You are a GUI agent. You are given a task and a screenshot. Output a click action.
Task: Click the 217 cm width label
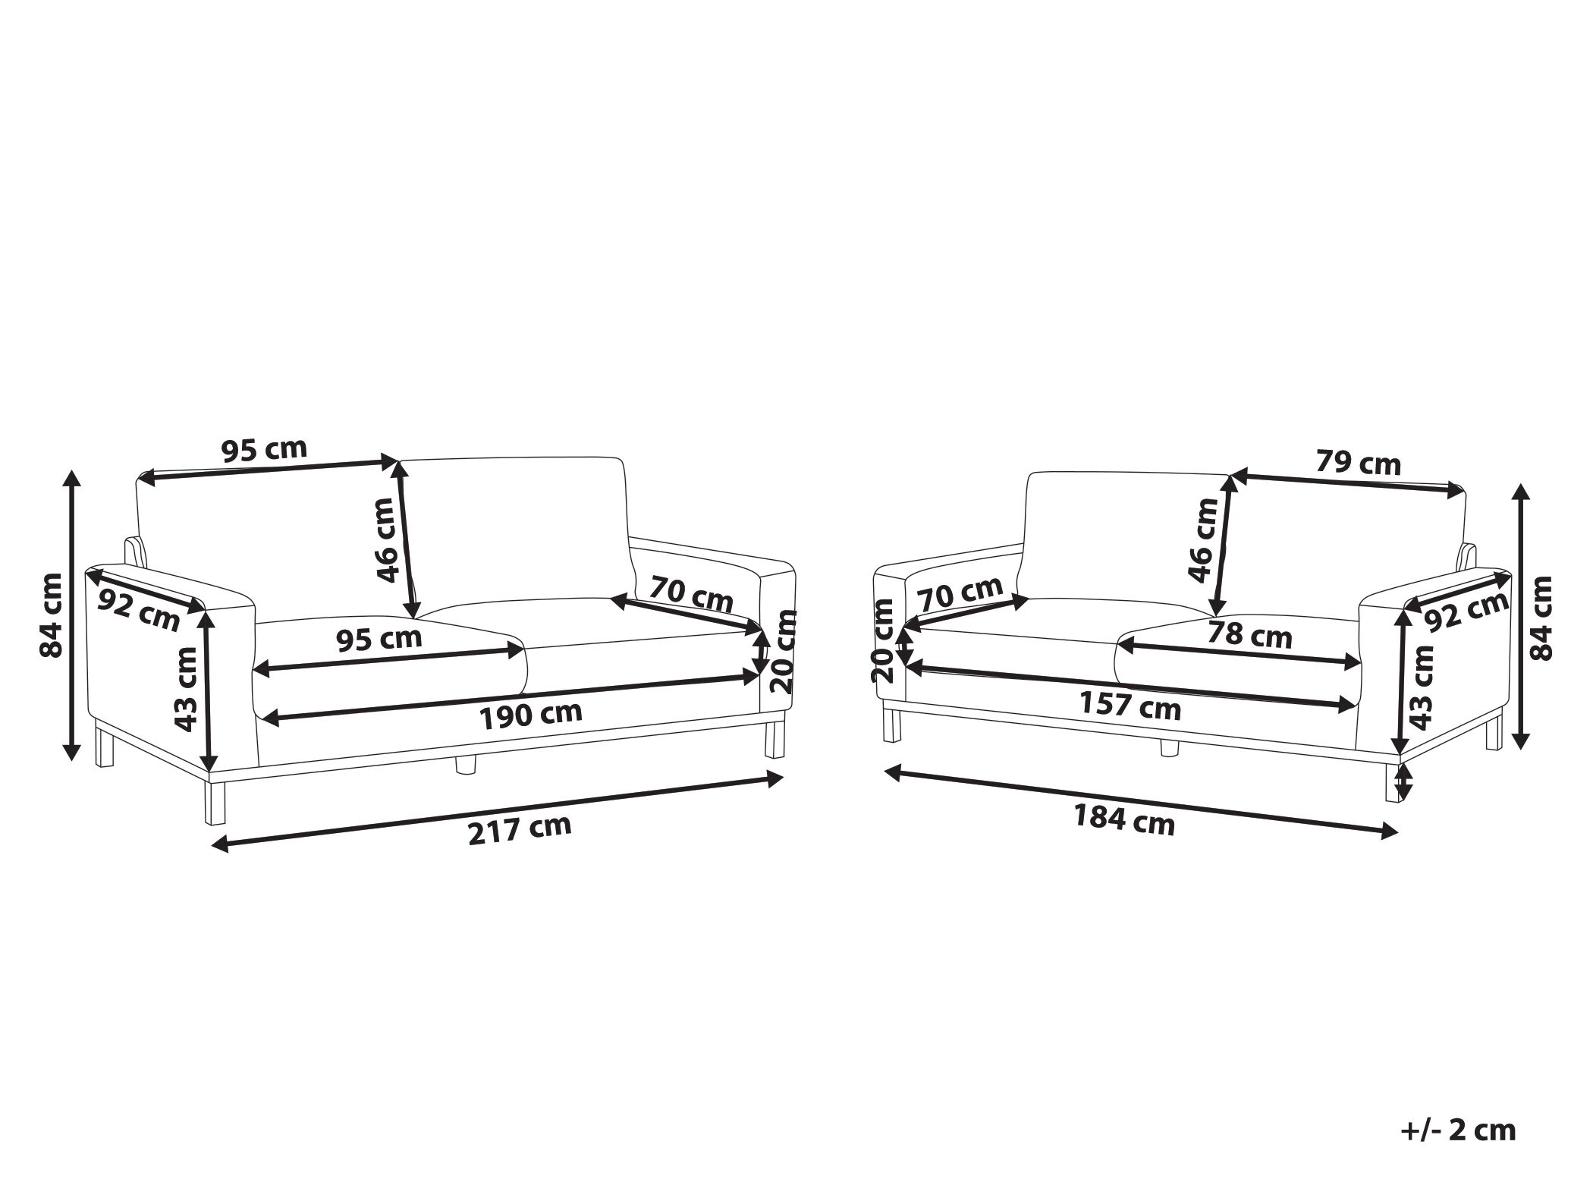click(x=520, y=829)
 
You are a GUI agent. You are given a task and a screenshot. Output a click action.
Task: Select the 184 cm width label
click(x=1123, y=822)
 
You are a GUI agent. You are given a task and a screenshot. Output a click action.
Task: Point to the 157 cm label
click(x=1130, y=707)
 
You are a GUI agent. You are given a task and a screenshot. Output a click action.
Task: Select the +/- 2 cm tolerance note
click(x=1457, y=1109)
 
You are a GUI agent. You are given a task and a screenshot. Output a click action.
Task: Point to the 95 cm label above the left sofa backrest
click(x=264, y=451)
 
